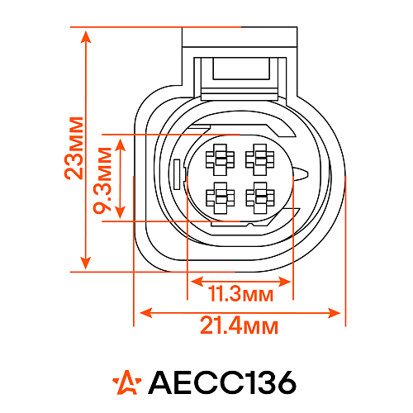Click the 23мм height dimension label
click(74, 149)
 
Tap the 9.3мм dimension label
click(102, 181)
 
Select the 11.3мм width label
click(241, 293)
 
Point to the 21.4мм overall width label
click(239, 325)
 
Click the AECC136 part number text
click(222, 382)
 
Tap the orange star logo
click(127, 382)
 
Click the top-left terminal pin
click(220, 159)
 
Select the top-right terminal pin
click(260, 159)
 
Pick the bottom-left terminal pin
click(221, 198)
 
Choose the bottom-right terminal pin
click(260, 198)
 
